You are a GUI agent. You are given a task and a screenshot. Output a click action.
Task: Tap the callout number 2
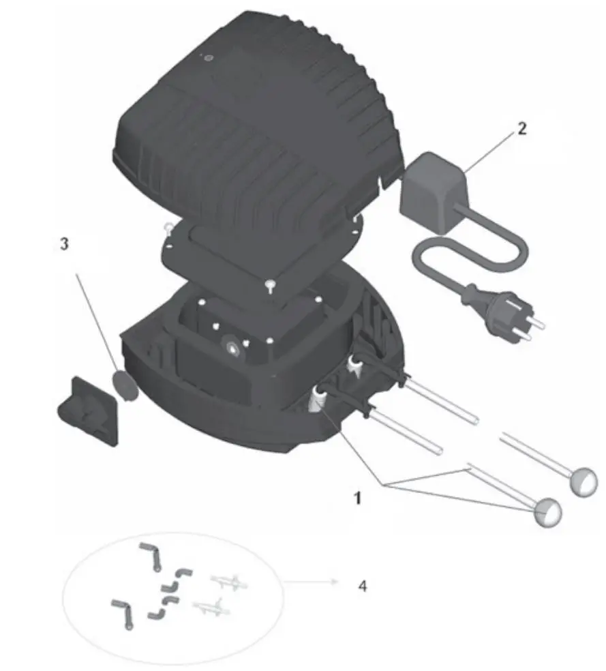coord(521,128)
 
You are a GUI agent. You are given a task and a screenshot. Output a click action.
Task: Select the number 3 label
coord(64,244)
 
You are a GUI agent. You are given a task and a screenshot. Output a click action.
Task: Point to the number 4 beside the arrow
coord(362,585)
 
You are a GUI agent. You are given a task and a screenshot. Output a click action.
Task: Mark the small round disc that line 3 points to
coord(123,385)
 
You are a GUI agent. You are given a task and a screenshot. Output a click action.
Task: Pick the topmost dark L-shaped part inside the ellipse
coord(151,554)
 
